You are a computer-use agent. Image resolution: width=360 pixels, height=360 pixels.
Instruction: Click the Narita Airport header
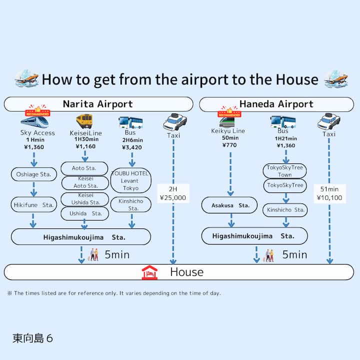click(98, 104)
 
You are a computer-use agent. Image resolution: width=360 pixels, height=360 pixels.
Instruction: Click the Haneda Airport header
click(276, 104)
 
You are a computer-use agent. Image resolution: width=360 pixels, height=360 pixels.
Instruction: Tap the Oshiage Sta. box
click(34, 174)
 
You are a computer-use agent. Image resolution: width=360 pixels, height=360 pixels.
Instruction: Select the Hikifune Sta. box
click(34, 204)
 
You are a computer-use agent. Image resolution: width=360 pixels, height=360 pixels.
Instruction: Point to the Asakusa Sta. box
click(229, 205)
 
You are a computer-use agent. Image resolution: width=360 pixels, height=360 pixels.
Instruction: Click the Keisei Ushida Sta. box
click(84, 198)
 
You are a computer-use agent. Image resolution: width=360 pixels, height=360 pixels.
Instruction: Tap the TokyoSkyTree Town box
click(284, 171)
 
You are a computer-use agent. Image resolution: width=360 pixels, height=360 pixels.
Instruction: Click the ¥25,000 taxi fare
click(172, 197)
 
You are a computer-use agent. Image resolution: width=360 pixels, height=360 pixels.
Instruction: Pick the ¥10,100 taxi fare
click(329, 197)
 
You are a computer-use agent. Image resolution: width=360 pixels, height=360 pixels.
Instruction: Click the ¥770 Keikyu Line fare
click(230, 145)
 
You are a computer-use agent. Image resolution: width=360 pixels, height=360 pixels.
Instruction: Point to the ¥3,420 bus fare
click(131, 147)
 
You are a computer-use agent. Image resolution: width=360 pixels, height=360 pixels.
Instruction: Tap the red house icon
click(149, 272)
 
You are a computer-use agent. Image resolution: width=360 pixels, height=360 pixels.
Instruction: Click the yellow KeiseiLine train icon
click(84, 121)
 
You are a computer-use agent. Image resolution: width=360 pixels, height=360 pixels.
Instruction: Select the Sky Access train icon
click(34, 120)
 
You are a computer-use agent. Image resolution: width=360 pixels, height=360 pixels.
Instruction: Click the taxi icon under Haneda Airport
click(328, 120)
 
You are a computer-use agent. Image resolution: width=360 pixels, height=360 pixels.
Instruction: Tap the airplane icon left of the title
click(26, 78)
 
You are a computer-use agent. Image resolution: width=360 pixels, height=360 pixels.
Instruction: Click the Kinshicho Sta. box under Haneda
click(284, 210)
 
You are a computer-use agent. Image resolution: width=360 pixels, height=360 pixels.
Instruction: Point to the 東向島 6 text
click(33, 338)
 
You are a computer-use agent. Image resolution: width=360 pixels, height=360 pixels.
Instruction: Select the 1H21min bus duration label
click(285, 138)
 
